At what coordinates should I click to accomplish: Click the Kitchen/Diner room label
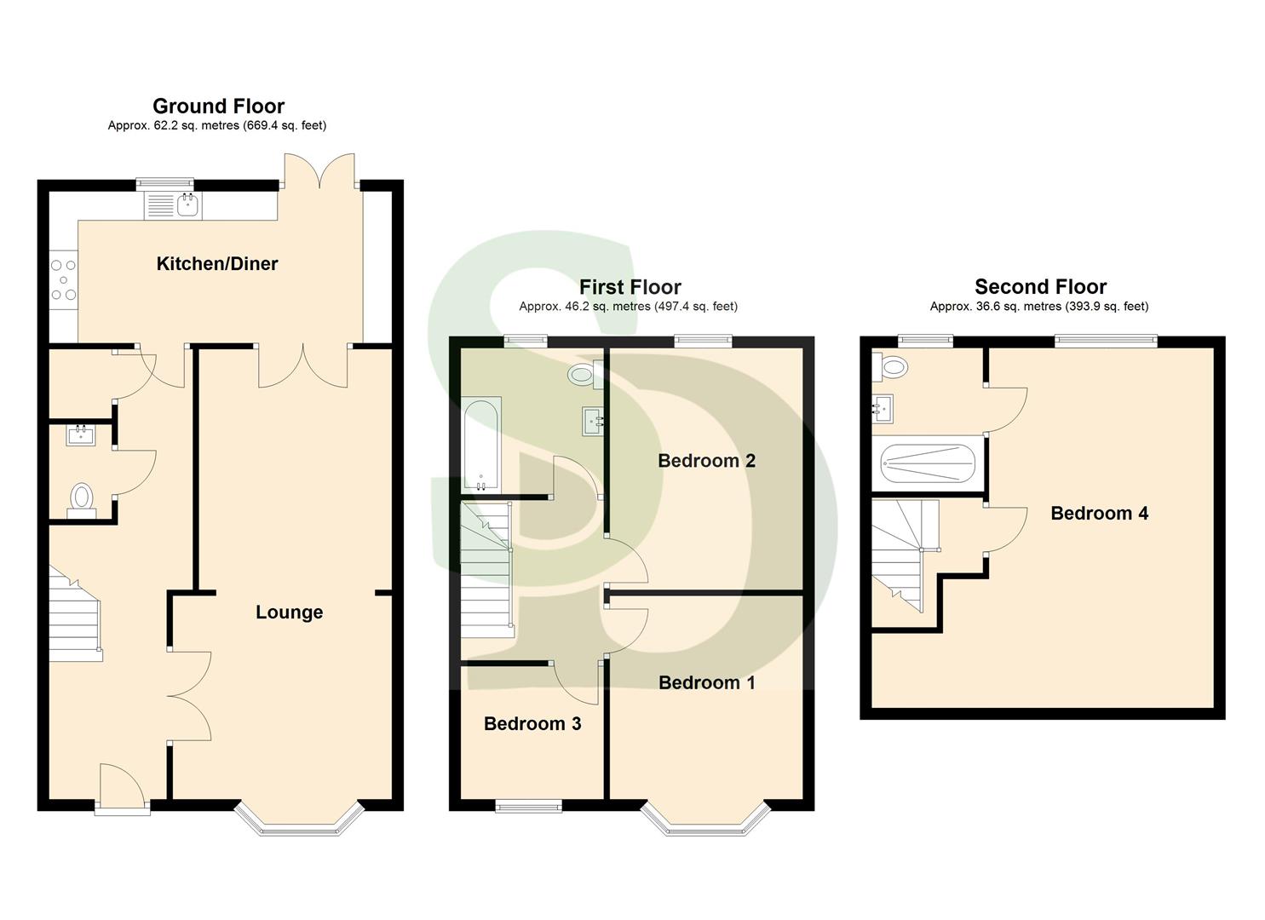(x=217, y=264)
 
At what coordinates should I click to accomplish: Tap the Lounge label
(x=289, y=612)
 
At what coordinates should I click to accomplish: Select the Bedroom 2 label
(x=706, y=461)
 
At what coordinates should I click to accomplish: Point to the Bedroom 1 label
(x=706, y=682)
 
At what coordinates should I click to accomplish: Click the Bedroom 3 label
(x=532, y=724)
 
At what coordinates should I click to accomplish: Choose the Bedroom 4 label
(x=1099, y=513)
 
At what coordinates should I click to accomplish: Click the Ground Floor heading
(x=218, y=106)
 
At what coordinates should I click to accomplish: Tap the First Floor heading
(x=630, y=287)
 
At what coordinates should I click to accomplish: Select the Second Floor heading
(x=1040, y=287)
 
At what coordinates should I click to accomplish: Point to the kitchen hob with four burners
(x=63, y=279)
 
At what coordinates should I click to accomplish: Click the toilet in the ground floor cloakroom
(x=82, y=497)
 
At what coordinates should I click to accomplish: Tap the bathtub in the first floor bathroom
(x=481, y=446)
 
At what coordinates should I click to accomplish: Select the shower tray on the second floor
(x=928, y=465)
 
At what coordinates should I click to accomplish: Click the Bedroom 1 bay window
(x=706, y=820)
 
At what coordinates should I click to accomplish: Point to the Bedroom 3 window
(x=529, y=806)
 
